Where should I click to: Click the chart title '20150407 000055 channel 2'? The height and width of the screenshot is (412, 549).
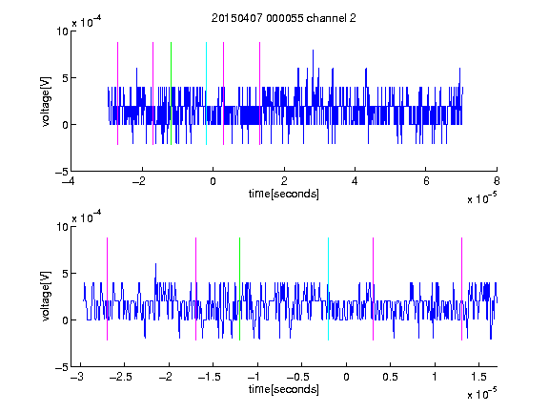point(284,18)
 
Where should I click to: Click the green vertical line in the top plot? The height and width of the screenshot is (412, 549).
point(171,93)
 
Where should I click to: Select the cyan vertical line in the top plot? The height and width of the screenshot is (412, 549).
point(206,93)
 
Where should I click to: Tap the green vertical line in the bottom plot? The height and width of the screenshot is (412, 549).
point(239,289)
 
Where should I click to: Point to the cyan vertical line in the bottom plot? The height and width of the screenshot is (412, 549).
point(328,289)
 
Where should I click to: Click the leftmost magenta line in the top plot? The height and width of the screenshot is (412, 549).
point(117,93)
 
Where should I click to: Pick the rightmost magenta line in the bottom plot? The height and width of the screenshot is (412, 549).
point(461,289)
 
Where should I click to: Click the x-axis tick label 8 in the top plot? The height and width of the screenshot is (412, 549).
point(497,181)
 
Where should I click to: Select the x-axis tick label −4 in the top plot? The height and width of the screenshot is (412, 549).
point(68,181)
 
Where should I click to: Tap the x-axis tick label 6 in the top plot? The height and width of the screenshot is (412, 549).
point(426,181)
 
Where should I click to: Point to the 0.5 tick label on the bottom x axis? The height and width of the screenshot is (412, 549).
point(390,377)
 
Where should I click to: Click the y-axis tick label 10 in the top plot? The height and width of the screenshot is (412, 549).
point(62,31)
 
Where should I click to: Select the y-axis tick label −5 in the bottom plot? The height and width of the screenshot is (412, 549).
point(62,367)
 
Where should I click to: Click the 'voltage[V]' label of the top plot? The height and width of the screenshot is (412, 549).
point(46,102)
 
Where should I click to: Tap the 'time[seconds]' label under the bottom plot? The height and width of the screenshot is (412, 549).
point(284,389)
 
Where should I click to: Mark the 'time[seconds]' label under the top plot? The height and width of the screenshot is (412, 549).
point(284,194)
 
